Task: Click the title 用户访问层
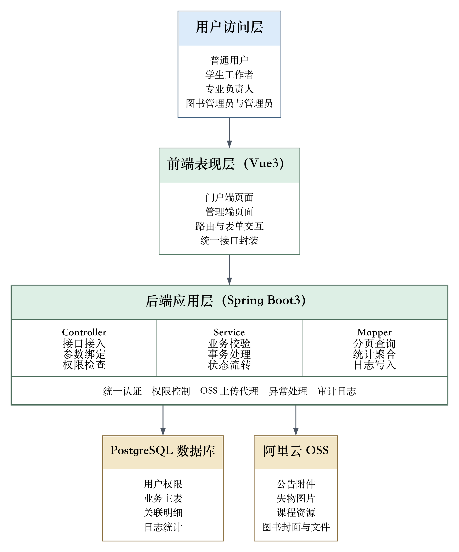[229, 27]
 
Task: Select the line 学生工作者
[229, 75]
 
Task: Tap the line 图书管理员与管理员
[229, 103]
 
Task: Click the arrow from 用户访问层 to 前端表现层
[229, 133]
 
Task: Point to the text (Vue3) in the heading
[264, 163]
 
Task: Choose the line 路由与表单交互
[229, 226]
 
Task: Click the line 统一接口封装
[229, 240]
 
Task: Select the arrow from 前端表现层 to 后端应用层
[229, 270]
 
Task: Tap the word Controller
[84, 332]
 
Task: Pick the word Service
[229, 332]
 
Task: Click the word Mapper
[374, 332]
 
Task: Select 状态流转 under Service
[229, 365]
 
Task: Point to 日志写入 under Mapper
[374, 365]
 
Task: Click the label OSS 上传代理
[229, 391]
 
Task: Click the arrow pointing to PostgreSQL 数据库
[163, 420]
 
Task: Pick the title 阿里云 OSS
[296, 450]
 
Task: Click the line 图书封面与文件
[296, 527]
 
